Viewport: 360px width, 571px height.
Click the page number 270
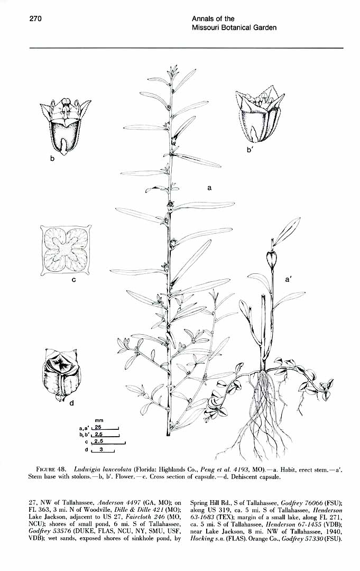(35, 19)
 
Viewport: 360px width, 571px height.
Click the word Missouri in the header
(204, 27)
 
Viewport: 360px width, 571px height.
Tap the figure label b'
(250, 149)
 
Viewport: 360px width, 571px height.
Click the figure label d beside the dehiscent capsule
(72, 402)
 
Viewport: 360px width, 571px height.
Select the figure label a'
(289, 280)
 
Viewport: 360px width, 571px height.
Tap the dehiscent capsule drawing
(60, 374)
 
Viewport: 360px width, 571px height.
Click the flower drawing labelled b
(65, 126)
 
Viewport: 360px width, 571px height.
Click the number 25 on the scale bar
(98, 427)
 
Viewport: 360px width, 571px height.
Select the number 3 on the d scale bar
(101, 449)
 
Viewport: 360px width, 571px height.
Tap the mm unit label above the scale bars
(99, 420)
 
